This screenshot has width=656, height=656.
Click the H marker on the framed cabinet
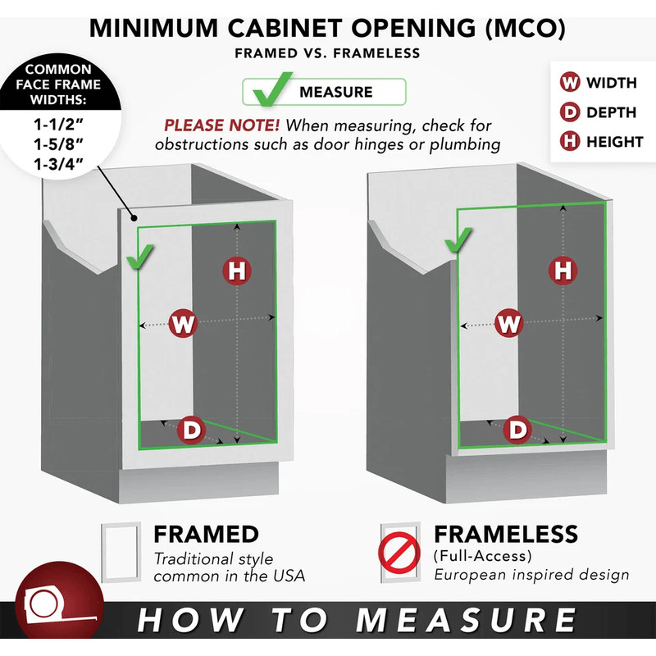point(237,271)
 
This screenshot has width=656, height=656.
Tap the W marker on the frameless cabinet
point(508,323)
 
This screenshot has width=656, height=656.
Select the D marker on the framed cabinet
point(191,430)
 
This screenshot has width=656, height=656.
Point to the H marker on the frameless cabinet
point(563,271)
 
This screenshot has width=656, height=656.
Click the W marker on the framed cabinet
point(183,323)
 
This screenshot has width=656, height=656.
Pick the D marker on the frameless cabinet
point(517,430)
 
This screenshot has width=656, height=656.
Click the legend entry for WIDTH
point(599,83)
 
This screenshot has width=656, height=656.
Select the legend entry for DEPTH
point(599,112)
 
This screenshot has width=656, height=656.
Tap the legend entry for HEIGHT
point(602,142)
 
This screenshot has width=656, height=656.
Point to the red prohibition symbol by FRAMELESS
point(399,552)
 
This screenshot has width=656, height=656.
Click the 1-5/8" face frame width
point(58,144)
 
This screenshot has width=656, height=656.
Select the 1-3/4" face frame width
point(58,165)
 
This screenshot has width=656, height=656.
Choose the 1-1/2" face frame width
point(58,125)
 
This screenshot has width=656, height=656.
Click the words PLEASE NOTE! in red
point(221,125)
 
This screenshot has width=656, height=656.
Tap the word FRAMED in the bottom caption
point(206,535)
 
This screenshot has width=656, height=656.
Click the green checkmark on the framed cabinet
point(139,257)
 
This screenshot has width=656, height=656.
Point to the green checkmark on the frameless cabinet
point(458,240)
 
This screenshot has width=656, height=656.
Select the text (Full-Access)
point(483,556)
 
